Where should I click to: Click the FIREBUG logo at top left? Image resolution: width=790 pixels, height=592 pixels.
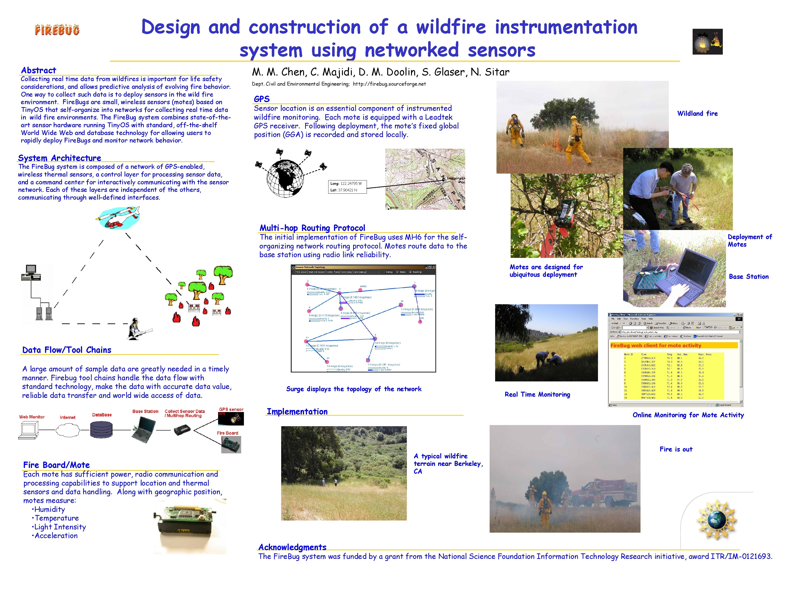[57, 30]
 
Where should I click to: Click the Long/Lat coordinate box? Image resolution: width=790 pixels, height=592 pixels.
[347, 187]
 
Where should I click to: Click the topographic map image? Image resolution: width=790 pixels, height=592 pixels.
[425, 179]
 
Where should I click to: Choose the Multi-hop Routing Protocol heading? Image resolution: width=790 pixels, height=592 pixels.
[312, 228]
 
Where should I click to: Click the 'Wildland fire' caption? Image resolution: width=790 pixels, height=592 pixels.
[697, 114]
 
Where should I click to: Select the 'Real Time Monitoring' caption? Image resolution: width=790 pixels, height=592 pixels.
[537, 394]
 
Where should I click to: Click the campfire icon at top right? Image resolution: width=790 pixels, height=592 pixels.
[707, 42]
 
